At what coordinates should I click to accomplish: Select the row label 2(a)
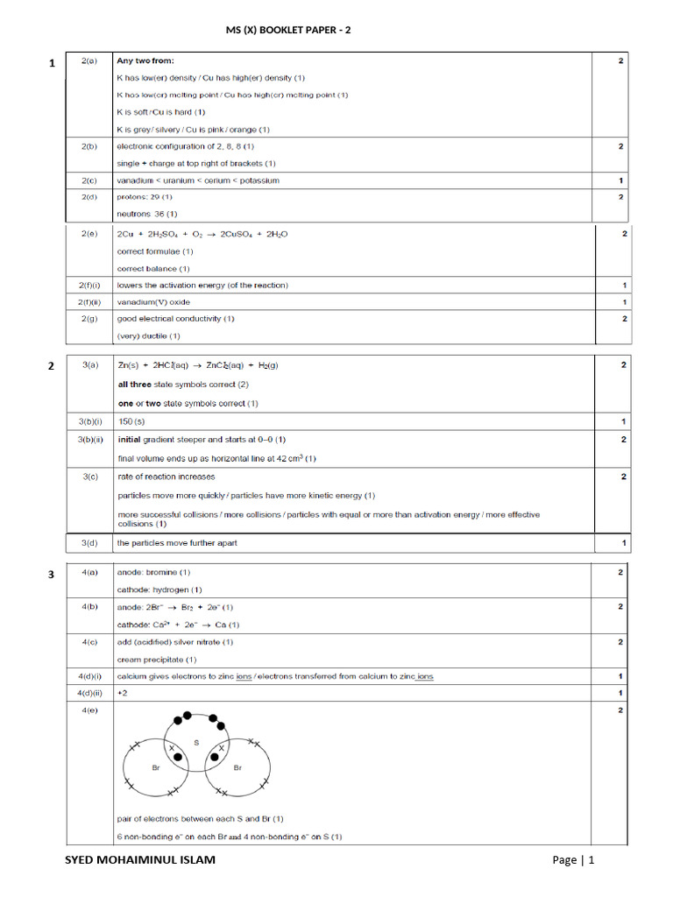tap(89, 61)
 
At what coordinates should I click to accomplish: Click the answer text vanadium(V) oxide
tap(153, 302)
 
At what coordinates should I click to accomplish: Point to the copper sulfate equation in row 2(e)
tap(202, 235)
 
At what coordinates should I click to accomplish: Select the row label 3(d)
tap(89, 543)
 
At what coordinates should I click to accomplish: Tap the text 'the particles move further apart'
tap(177, 543)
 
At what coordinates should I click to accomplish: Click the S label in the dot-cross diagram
tap(196, 742)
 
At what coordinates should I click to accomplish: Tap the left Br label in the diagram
tap(154, 766)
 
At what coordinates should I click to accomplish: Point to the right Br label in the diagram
tap(237, 766)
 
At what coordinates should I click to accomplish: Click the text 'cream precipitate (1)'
tap(157, 660)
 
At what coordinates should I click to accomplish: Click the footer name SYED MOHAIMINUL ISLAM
tap(140, 860)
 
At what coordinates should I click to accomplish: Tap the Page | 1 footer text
tap(573, 860)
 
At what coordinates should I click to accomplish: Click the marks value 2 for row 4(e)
tap(620, 710)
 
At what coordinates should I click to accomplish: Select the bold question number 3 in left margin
tap(52, 575)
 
